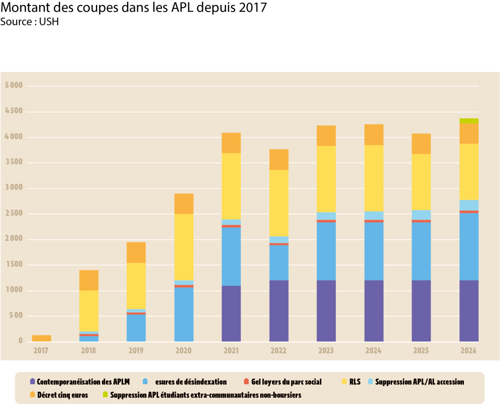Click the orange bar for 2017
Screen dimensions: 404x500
(42, 338)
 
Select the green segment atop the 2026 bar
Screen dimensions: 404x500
(469, 121)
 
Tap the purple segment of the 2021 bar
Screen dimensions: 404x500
(231, 313)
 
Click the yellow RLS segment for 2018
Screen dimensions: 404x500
(89, 311)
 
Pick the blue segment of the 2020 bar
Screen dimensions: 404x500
(184, 314)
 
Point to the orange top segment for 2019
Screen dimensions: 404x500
(136, 253)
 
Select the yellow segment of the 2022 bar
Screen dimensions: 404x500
(279, 203)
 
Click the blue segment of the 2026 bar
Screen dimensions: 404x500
(469, 246)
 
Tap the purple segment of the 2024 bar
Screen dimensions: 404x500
(374, 311)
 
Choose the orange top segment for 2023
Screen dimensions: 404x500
(326, 135)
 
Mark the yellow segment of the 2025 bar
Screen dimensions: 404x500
(421, 182)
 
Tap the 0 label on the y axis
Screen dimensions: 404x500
(21, 341)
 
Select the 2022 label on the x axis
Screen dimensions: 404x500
(279, 351)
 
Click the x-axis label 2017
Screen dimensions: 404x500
(42, 351)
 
